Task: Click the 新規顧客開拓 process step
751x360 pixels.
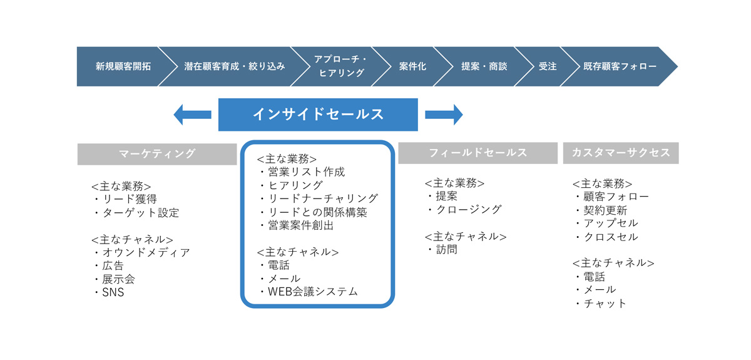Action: tap(123, 66)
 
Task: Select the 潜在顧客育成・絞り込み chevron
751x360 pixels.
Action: tap(234, 66)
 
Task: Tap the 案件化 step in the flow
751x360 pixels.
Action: tap(412, 66)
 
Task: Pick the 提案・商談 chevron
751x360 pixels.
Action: tap(484, 66)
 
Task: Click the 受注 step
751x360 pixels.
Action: tap(548, 66)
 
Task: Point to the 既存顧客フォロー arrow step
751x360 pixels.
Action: tap(620, 66)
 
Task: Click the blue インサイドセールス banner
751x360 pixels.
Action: tap(318, 115)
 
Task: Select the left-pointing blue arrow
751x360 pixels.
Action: tap(192, 115)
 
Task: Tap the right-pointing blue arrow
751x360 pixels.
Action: tap(444, 115)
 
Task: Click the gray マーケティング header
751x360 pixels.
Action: tap(157, 154)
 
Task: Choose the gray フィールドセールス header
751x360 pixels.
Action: tap(478, 153)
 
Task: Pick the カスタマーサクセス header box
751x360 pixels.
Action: tap(621, 153)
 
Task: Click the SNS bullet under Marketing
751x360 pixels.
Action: tap(110, 292)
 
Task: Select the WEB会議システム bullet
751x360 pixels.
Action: tap(309, 292)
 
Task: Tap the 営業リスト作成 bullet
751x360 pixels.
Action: tap(302, 172)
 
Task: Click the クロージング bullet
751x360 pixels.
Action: tap(464, 209)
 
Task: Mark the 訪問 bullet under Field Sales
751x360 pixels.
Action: tap(442, 250)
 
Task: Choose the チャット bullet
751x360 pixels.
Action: tap(600, 304)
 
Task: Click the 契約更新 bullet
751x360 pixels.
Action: tap(601, 210)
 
